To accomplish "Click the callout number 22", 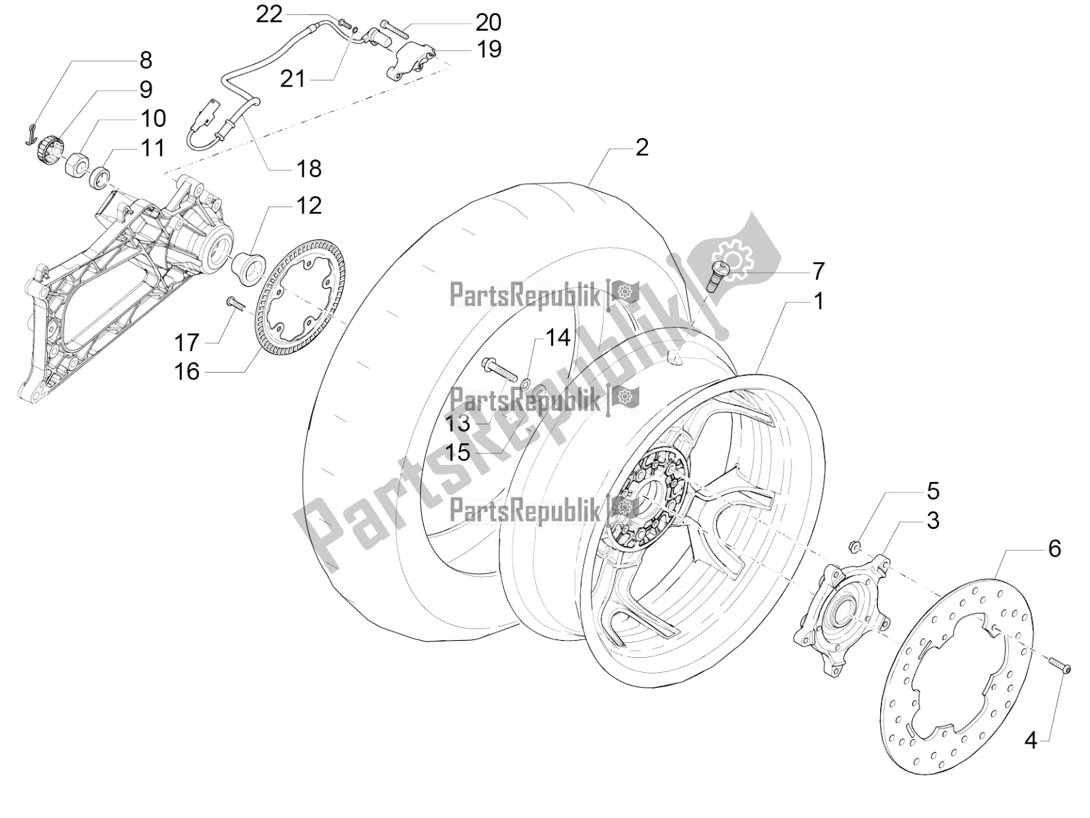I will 269,14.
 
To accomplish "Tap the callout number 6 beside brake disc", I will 1055,548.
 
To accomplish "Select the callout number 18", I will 309,168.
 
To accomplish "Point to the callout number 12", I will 309,205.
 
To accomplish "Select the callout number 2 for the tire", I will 641,147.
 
